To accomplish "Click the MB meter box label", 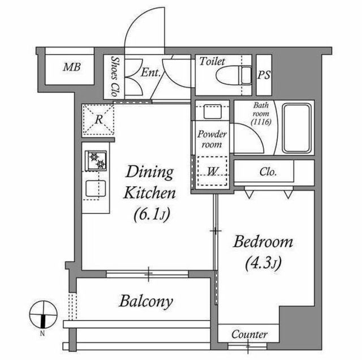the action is click(72, 67).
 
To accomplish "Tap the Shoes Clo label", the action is click(115, 76).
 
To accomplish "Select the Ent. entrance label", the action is click(150, 72).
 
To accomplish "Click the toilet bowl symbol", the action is click(234, 75).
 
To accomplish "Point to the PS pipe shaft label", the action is click(264, 75).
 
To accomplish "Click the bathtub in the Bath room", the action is click(296, 128).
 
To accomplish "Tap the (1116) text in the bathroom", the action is click(261, 122).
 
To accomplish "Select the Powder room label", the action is click(212, 139).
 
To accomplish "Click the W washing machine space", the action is click(212, 171).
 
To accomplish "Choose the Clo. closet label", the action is click(268, 172).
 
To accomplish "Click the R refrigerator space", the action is click(98, 119).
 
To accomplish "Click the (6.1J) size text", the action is click(152, 215).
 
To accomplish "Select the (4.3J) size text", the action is click(264, 263).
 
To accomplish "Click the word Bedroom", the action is click(263, 242).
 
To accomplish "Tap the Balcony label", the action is click(146, 301).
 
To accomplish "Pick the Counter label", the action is click(249, 335).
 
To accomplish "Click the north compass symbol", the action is click(43, 315).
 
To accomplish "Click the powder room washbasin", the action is click(213, 112).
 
